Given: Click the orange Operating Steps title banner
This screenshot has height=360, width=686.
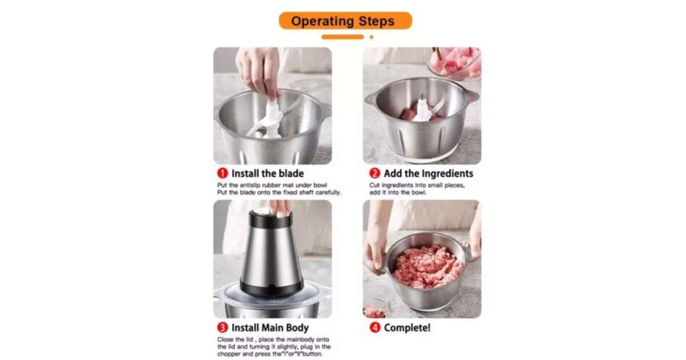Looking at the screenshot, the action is (x=345, y=21).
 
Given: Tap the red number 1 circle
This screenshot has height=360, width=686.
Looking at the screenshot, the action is (x=222, y=173).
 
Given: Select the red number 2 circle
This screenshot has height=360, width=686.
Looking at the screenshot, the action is (x=374, y=173).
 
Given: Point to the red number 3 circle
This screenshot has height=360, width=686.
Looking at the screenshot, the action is (x=222, y=327).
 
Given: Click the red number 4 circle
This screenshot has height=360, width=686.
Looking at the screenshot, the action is (x=375, y=327).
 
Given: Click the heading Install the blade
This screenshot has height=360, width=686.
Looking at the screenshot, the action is (x=268, y=174).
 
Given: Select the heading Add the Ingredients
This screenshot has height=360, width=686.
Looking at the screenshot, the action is (x=428, y=174).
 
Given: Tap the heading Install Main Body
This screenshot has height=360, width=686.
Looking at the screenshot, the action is (x=270, y=328).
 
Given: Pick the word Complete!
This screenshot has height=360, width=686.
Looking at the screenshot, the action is (x=407, y=328).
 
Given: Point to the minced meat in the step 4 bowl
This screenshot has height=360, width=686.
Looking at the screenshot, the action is (x=428, y=266).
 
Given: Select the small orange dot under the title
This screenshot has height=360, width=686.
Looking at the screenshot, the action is (x=372, y=37).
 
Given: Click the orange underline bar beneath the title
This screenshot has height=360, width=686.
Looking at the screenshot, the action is (x=342, y=37).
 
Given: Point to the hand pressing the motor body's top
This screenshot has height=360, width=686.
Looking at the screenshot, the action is (x=280, y=208).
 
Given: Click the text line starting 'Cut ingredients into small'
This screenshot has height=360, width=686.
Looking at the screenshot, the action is (x=417, y=185).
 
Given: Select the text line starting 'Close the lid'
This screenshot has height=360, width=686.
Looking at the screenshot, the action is (x=273, y=339).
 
